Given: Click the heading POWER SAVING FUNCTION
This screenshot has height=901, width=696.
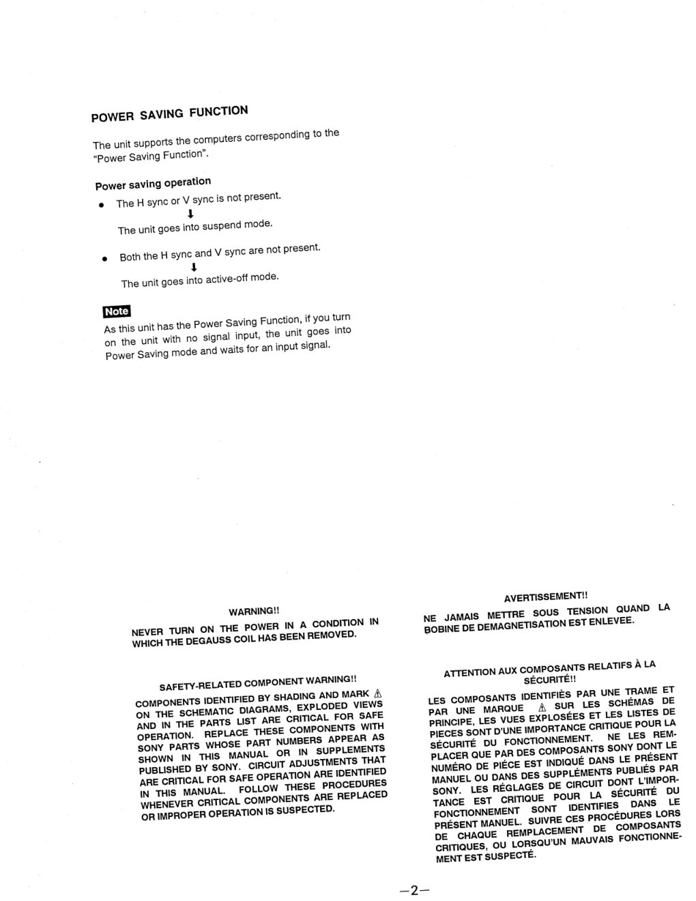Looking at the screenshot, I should coord(169,113).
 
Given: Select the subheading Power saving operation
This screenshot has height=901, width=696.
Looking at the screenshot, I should coord(153,184).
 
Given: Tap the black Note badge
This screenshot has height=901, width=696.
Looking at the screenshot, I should coord(116,311).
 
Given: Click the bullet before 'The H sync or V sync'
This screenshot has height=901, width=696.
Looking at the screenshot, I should coord(101,205).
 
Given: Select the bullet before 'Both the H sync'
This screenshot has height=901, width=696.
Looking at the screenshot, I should coord(104,259).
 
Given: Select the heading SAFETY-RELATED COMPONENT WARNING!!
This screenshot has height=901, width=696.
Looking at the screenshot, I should coord(258,682).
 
